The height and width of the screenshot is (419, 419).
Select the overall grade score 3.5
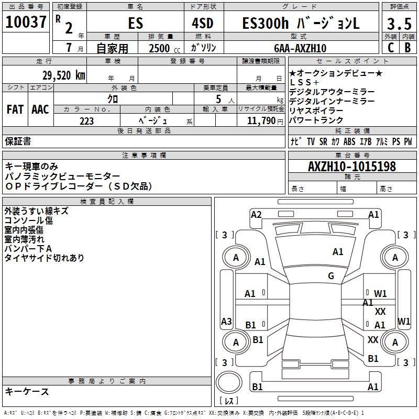coord(399,24)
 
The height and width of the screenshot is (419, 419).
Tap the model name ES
coord(135,24)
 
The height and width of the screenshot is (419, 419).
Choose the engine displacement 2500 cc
coord(160,48)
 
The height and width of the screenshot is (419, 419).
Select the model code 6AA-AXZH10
coord(300,48)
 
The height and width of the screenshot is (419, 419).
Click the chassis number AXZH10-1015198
coord(352,167)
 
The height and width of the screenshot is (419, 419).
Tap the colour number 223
coord(87,121)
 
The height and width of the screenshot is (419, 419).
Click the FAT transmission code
coord(15,109)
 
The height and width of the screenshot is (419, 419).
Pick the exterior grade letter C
coord(390,48)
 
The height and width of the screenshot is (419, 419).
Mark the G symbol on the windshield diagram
coord(331,276)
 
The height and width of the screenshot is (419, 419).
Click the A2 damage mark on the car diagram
coord(256,214)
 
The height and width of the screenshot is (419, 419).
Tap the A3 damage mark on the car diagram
coord(226,321)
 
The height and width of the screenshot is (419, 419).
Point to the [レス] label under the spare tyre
coord(229,401)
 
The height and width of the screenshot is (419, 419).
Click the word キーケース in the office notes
coord(27,391)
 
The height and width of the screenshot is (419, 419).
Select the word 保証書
coord(18,141)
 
